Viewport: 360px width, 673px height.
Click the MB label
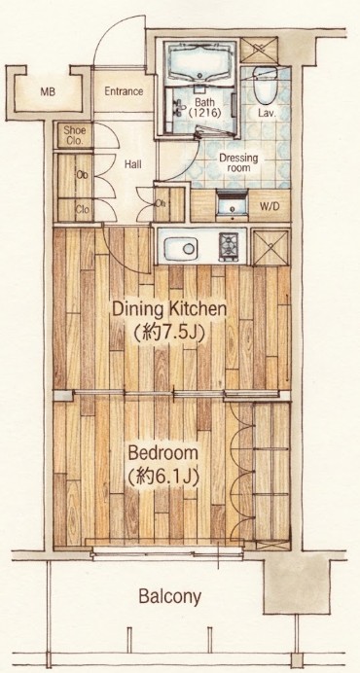[48, 91]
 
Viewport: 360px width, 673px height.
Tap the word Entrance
[124, 91]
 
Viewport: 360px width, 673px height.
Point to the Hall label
[132, 164]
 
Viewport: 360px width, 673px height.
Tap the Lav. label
[267, 114]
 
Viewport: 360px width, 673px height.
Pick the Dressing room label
[238, 162]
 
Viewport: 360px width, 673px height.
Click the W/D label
[270, 206]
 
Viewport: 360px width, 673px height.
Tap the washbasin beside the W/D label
[232, 204]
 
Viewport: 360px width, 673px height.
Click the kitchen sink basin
[180, 248]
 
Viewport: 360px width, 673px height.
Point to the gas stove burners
[229, 246]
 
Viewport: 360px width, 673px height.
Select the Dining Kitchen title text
[169, 309]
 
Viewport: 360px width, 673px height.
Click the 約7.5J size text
[168, 331]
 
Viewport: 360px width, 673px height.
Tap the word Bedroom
[163, 453]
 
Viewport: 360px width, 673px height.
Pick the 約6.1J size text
[163, 478]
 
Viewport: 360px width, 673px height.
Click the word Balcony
[169, 596]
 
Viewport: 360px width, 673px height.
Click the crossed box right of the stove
[270, 247]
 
